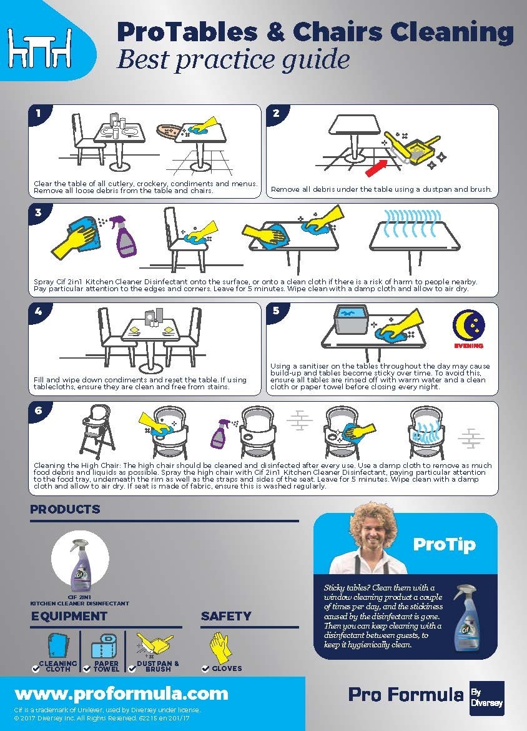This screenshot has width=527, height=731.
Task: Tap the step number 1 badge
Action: tap(39, 114)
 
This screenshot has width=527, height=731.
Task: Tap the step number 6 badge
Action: tap(39, 410)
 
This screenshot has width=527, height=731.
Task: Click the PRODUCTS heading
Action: tap(65, 509)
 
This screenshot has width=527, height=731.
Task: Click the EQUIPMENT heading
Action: tap(69, 616)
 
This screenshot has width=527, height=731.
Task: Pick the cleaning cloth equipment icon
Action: tap(58, 645)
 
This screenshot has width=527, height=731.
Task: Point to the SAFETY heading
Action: tap(226, 616)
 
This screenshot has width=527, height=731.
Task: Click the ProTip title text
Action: tap(444, 544)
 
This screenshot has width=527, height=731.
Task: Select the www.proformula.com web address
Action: tap(121, 693)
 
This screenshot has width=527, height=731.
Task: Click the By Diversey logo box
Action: tap(486, 698)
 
